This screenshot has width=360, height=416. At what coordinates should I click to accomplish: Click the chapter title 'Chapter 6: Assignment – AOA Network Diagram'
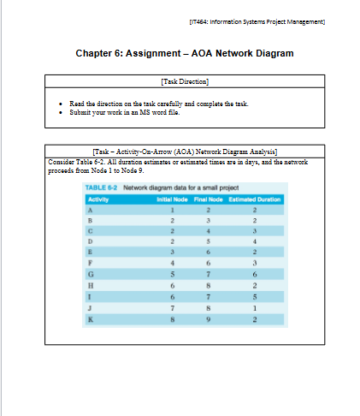point(184,53)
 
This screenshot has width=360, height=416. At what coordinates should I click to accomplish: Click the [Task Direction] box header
point(184,80)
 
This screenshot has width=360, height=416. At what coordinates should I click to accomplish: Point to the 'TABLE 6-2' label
point(102,187)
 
